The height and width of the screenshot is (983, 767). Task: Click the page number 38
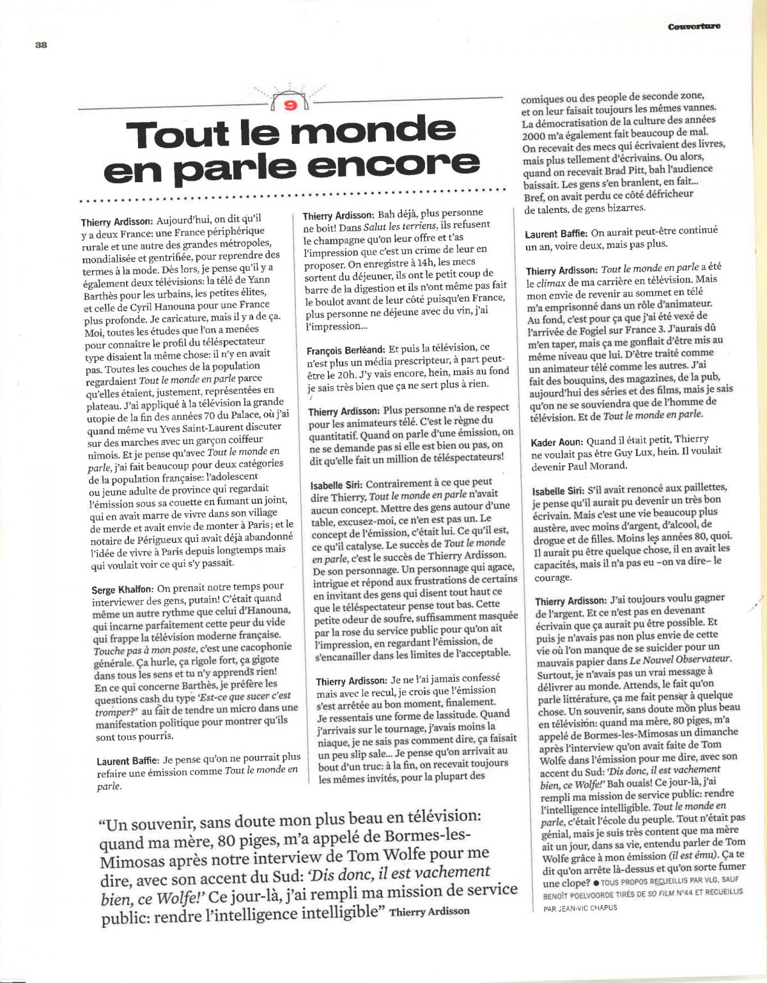(x=42, y=44)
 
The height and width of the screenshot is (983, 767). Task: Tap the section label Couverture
(x=693, y=26)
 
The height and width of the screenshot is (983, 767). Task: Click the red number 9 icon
(x=291, y=104)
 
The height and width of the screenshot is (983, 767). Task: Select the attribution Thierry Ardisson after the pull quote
(x=429, y=911)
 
